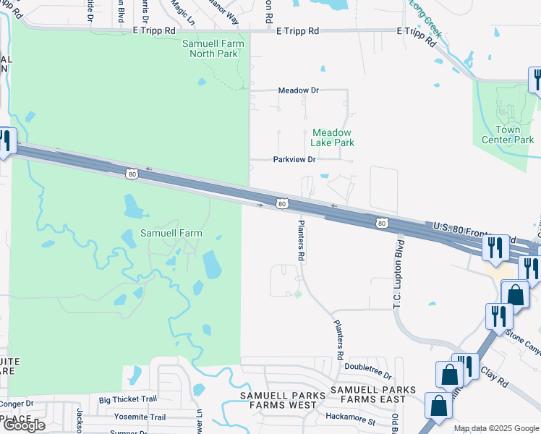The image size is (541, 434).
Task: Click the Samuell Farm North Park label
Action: tap(213, 48)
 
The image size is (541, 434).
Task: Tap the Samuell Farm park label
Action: tap(171, 234)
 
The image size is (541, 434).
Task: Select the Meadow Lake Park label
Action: tap(333, 137)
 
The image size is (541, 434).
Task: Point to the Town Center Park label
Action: tap(508, 135)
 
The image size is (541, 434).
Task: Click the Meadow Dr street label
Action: tap(299, 90)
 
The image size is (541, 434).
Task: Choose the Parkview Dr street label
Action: tap(294, 159)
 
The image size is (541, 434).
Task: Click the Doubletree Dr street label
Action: tap(367, 376)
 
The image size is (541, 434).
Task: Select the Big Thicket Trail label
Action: tap(128, 399)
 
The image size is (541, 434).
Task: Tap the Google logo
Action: tap(23, 425)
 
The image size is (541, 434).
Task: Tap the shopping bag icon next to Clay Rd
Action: tap(449, 374)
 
